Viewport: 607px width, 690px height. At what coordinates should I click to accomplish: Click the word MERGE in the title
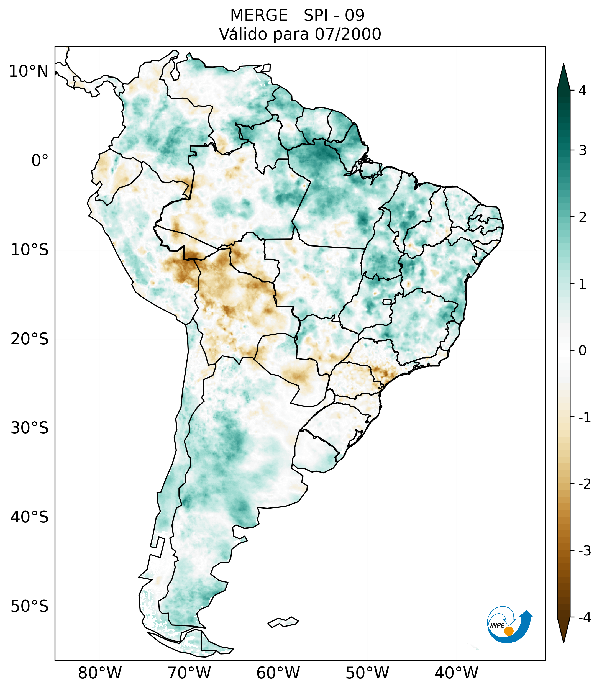(x=259, y=16)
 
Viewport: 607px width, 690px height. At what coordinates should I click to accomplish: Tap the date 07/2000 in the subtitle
(x=348, y=34)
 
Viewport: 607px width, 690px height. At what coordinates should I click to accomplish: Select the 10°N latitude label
(x=29, y=71)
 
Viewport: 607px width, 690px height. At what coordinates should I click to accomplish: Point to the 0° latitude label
(x=40, y=161)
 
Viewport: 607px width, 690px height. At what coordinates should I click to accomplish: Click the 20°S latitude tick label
(x=30, y=339)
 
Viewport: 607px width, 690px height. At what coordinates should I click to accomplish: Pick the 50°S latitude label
(x=30, y=607)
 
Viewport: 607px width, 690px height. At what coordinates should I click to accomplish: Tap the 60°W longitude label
(x=278, y=673)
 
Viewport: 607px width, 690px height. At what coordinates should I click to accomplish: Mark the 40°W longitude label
(x=457, y=673)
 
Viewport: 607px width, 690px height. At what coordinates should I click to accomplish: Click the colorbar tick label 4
(x=582, y=91)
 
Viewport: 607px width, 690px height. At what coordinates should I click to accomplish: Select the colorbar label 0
(x=582, y=351)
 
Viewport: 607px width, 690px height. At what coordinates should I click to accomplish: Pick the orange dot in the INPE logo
(x=509, y=631)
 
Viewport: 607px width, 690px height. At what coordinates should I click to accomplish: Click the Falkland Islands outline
(x=283, y=622)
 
